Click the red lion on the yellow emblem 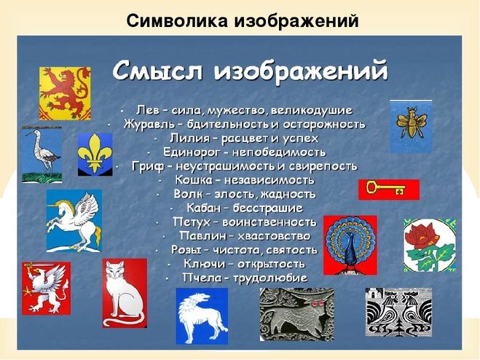65,93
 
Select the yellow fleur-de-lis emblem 95,154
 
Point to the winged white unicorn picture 74,221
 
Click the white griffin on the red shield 46,288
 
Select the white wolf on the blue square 202,316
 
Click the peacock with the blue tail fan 350,245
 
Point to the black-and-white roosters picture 398,312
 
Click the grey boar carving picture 297,314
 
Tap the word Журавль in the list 149,125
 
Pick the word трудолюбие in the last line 270,278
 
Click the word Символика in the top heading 177,21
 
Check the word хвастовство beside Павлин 274,236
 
